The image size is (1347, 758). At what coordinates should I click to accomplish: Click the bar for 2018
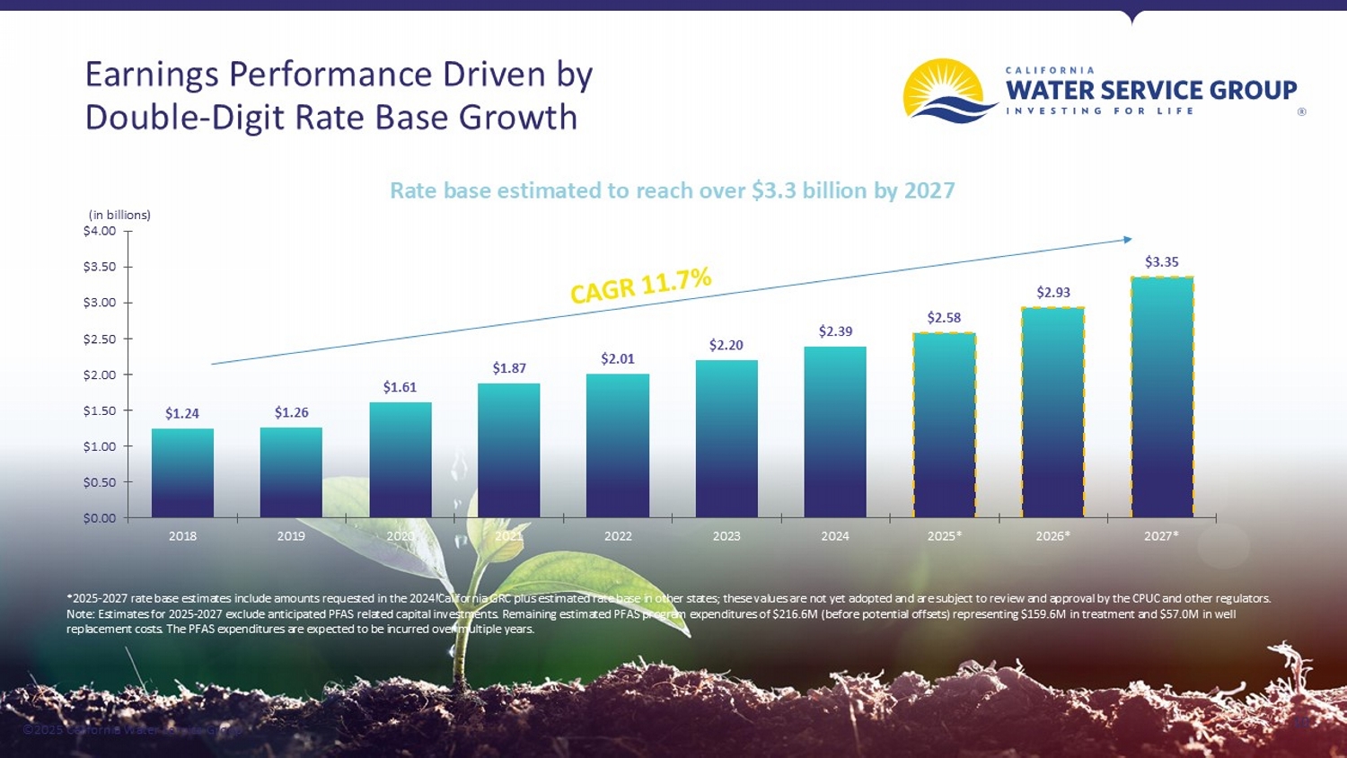pyautogui.click(x=182, y=473)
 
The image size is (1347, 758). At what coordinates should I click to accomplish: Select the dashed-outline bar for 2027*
pyautogui.click(x=1162, y=397)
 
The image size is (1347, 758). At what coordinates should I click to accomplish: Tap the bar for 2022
pyautogui.click(x=618, y=445)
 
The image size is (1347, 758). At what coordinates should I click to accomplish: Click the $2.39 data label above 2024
pyautogui.click(x=835, y=331)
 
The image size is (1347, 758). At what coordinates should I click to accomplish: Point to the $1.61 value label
pyautogui.click(x=400, y=387)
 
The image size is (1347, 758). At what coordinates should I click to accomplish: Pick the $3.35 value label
pyautogui.click(x=1161, y=262)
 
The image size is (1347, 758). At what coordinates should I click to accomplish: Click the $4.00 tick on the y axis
pyautogui.click(x=100, y=231)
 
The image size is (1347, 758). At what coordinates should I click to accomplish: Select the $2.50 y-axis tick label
pyautogui.click(x=100, y=339)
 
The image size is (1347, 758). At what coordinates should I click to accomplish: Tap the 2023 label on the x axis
pyautogui.click(x=726, y=536)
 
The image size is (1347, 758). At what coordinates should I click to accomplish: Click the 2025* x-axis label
pyautogui.click(x=944, y=536)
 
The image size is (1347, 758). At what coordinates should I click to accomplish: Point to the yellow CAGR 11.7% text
pyautogui.click(x=641, y=285)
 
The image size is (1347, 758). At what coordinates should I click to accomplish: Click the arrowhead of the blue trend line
pyautogui.click(x=1127, y=239)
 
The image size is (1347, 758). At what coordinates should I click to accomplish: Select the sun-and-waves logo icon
pyautogui.click(x=946, y=91)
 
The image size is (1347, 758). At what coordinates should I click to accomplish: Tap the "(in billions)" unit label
pyautogui.click(x=119, y=215)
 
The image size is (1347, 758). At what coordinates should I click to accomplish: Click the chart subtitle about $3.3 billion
pyautogui.click(x=672, y=190)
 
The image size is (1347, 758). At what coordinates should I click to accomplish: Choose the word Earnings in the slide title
pyautogui.click(x=151, y=75)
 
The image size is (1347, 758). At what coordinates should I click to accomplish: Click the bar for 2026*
pyautogui.click(x=1052, y=412)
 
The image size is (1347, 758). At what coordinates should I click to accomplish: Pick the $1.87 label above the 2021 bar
pyautogui.click(x=509, y=368)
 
